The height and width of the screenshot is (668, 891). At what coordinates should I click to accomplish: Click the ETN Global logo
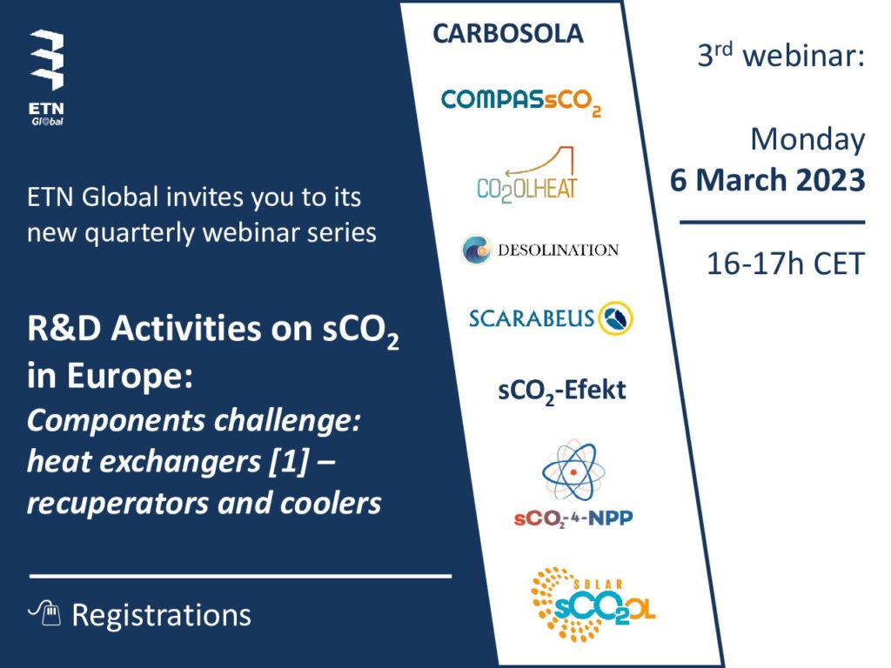(47, 77)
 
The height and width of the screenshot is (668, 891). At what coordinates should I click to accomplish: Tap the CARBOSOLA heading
(508, 34)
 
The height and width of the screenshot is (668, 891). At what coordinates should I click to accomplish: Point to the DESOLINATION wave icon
(476, 250)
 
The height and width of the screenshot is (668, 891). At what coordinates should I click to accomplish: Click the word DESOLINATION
(558, 250)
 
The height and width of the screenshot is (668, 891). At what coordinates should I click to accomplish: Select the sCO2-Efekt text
(561, 391)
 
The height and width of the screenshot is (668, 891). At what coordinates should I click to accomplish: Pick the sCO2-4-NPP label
(573, 518)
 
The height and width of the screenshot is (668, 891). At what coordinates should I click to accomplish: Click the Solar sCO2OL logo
(593, 605)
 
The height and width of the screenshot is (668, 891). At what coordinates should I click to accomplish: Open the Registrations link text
(161, 615)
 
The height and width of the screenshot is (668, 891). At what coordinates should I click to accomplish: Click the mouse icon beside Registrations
(45, 613)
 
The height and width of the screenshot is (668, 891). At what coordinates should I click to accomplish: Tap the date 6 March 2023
(767, 180)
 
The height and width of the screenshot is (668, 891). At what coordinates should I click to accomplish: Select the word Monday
(807, 140)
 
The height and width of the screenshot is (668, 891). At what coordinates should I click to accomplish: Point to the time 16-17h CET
(786, 264)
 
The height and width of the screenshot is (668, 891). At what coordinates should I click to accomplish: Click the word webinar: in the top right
(803, 57)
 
